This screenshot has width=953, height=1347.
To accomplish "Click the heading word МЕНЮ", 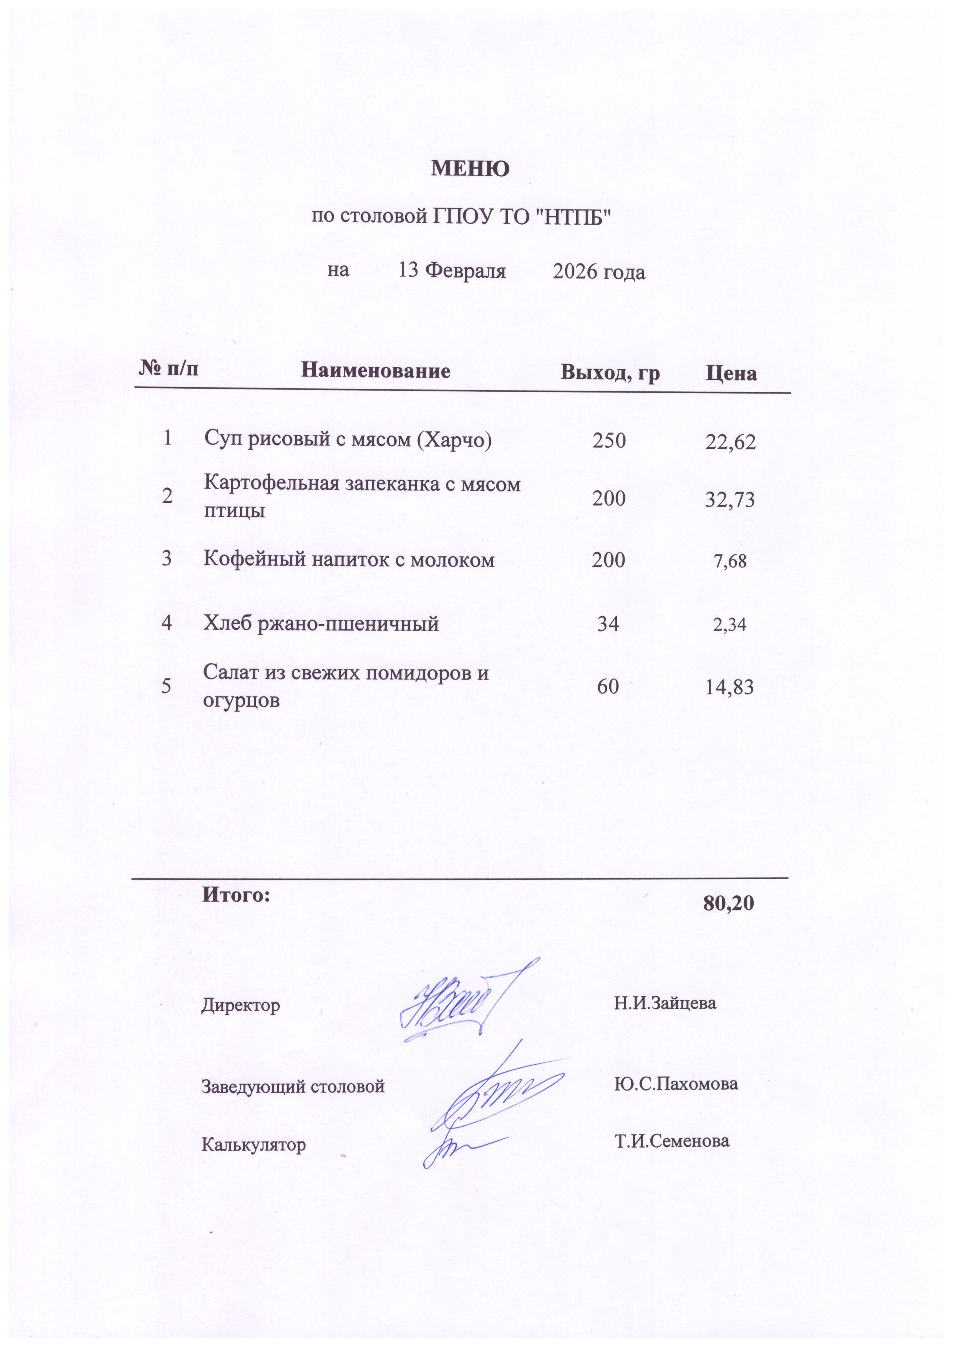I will tap(470, 169).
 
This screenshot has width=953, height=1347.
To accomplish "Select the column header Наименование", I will tap(376, 371).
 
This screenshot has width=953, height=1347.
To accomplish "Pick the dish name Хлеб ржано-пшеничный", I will tap(321, 623).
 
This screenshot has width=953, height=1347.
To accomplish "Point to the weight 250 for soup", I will tap(608, 439).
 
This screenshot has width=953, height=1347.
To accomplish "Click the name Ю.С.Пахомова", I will tap(675, 1083).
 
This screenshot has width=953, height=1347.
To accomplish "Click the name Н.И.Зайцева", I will tap(665, 1002).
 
